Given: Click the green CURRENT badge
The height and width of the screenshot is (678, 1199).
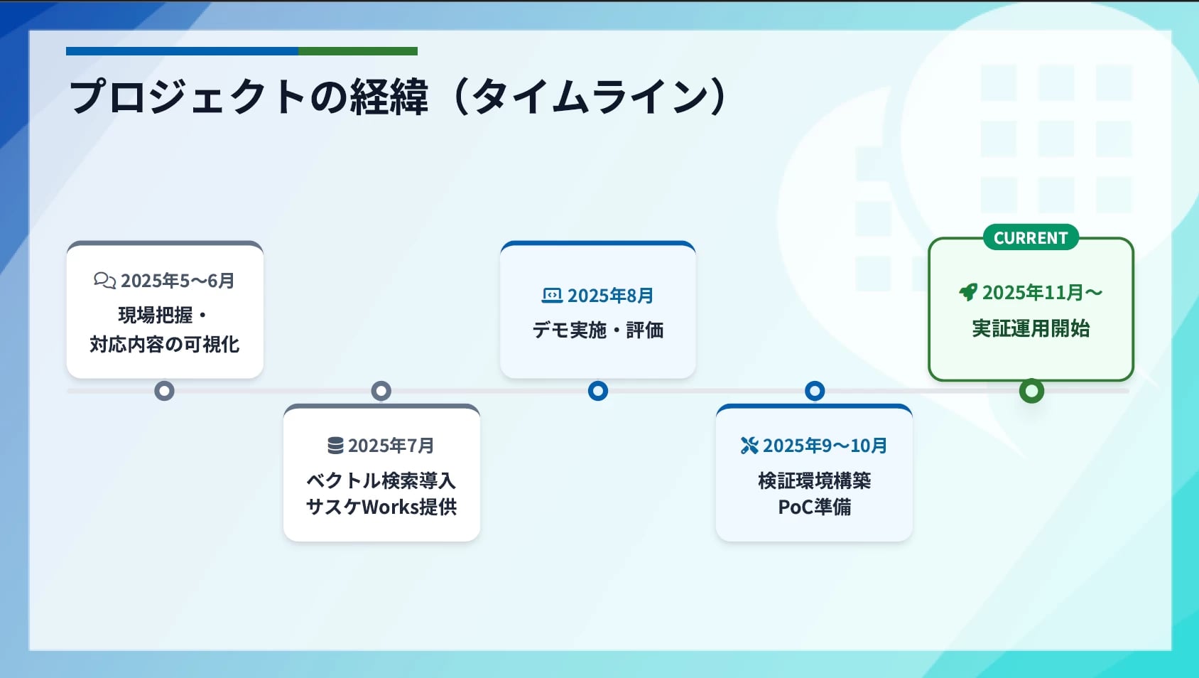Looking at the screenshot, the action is pyautogui.click(x=1031, y=237).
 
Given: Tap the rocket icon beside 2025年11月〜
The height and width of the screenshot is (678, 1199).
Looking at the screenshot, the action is pyautogui.click(x=967, y=292).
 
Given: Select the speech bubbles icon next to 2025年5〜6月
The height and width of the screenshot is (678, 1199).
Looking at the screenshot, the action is pyautogui.click(x=105, y=280).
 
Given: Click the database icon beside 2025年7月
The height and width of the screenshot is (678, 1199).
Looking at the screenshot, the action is pyautogui.click(x=335, y=445).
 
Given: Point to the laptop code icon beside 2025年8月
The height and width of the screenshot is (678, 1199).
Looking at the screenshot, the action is pyautogui.click(x=552, y=295).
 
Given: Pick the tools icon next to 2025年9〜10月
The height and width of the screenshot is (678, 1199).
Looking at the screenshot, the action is pyautogui.click(x=749, y=445).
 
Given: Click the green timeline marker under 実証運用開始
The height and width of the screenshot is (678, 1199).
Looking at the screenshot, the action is pyautogui.click(x=1031, y=391).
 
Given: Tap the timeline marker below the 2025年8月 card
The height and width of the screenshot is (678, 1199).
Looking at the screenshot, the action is pyautogui.click(x=598, y=391).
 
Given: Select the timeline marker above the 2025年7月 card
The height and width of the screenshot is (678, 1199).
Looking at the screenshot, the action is pyautogui.click(x=381, y=391).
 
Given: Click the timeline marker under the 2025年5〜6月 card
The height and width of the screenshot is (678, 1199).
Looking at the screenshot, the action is pyautogui.click(x=164, y=391).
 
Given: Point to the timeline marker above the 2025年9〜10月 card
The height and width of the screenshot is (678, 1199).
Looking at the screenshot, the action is pyautogui.click(x=815, y=391).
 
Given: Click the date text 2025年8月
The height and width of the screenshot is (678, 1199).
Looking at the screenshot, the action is pyautogui.click(x=610, y=296).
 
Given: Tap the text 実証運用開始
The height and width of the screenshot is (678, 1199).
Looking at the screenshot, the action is pyautogui.click(x=1031, y=328).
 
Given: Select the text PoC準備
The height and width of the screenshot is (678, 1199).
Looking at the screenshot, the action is pyautogui.click(x=814, y=507).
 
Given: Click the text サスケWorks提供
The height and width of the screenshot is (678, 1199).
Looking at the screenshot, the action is pyautogui.click(x=381, y=507).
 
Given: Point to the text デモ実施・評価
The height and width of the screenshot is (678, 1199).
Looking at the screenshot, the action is pyautogui.click(x=598, y=330).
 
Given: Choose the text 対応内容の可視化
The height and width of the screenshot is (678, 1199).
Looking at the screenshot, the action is pyautogui.click(x=164, y=345).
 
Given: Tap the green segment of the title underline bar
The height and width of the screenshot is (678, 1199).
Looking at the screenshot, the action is pyautogui.click(x=357, y=51).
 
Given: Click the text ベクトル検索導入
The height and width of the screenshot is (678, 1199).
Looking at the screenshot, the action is pyautogui.click(x=381, y=481).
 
